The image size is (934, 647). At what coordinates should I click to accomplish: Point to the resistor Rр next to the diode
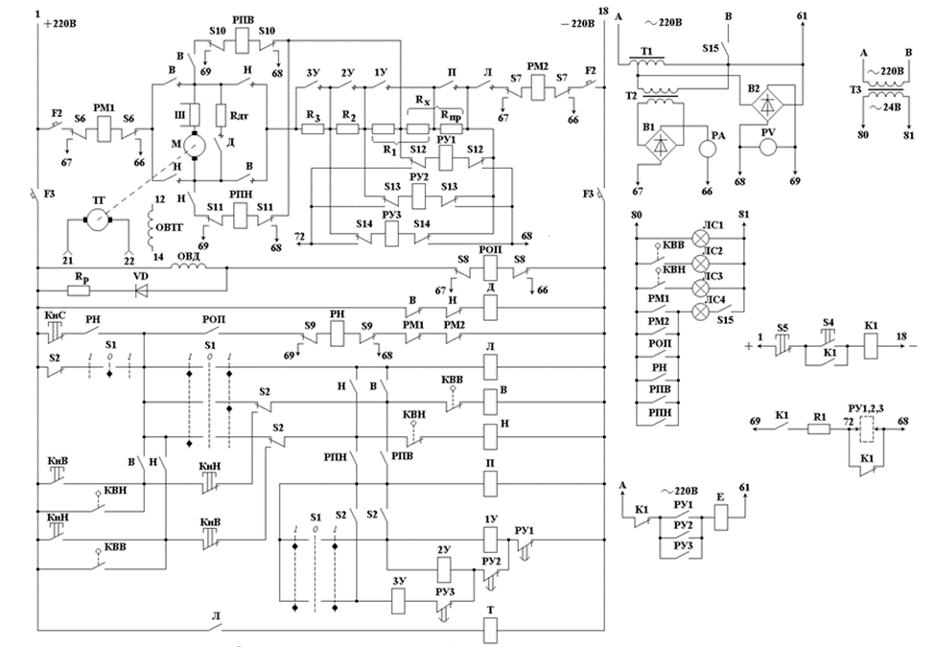76,287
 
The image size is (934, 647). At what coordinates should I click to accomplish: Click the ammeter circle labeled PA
709,149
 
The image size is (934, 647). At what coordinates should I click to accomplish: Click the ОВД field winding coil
189,268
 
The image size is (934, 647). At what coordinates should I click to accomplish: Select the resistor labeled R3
313,129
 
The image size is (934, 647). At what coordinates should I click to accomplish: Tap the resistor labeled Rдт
220,117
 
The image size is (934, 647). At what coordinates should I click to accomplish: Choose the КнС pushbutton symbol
53,331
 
